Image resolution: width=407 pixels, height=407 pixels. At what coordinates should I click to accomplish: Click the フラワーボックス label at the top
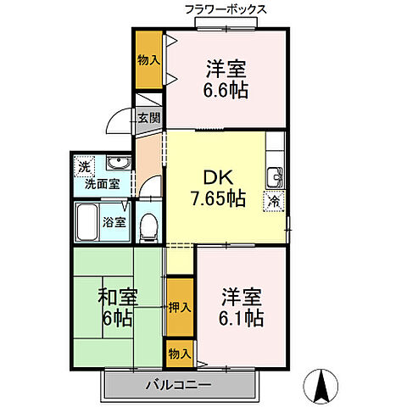tap(226, 9)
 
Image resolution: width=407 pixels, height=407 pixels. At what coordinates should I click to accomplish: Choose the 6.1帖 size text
tap(242, 319)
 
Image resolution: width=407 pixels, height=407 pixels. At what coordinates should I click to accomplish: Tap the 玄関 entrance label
tap(148, 118)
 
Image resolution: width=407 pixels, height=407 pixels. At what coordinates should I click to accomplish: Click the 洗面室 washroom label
tap(102, 183)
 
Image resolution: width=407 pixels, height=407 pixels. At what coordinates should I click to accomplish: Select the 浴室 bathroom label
tap(114, 223)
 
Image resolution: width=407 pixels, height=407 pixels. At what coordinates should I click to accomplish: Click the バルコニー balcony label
tap(182, 385)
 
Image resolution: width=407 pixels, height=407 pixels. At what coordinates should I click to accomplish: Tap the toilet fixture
tap(148, 224)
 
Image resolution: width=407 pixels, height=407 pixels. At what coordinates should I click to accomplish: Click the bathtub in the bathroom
tap(87, 223)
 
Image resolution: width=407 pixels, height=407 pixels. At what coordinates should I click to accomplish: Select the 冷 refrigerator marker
tap(274, 201)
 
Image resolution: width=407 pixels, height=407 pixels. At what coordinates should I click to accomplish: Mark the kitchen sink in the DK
tap(275, 178)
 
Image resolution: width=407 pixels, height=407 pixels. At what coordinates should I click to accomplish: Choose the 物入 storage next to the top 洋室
tap(149, 59)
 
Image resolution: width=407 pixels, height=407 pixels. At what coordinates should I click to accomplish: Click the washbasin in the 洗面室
tap(118, 164)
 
